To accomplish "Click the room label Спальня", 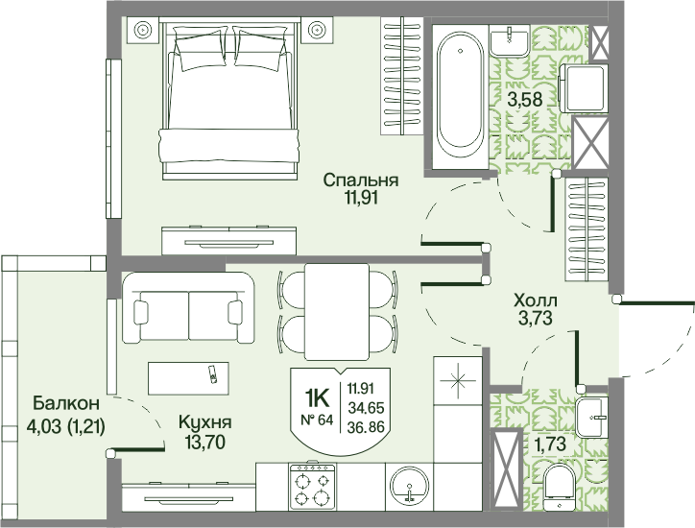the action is [x=360, y=180].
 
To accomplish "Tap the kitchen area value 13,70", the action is [x=205, y=442].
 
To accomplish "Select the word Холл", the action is [x=536, y=300].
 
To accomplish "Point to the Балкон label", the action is [x=66, y=403].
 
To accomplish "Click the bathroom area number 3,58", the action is [x=525, y=99].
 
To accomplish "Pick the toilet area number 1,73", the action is [x=550, y=444].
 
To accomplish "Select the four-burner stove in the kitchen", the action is [x=312, y=487].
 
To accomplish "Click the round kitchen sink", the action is [x=409, y=485].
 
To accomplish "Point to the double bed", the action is [x=229, y=99].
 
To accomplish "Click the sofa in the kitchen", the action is [x=188, y=307].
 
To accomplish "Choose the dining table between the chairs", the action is [x=337, y=312].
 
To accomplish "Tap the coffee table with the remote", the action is [x=188, y=378].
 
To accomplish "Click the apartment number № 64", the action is [x=317, y=420].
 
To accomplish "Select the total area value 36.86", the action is [x=366, y=427].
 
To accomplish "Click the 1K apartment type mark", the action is [x=317, y=397].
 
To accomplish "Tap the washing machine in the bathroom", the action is [x=583, y=88].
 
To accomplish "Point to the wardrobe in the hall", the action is [x=587, y=228].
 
